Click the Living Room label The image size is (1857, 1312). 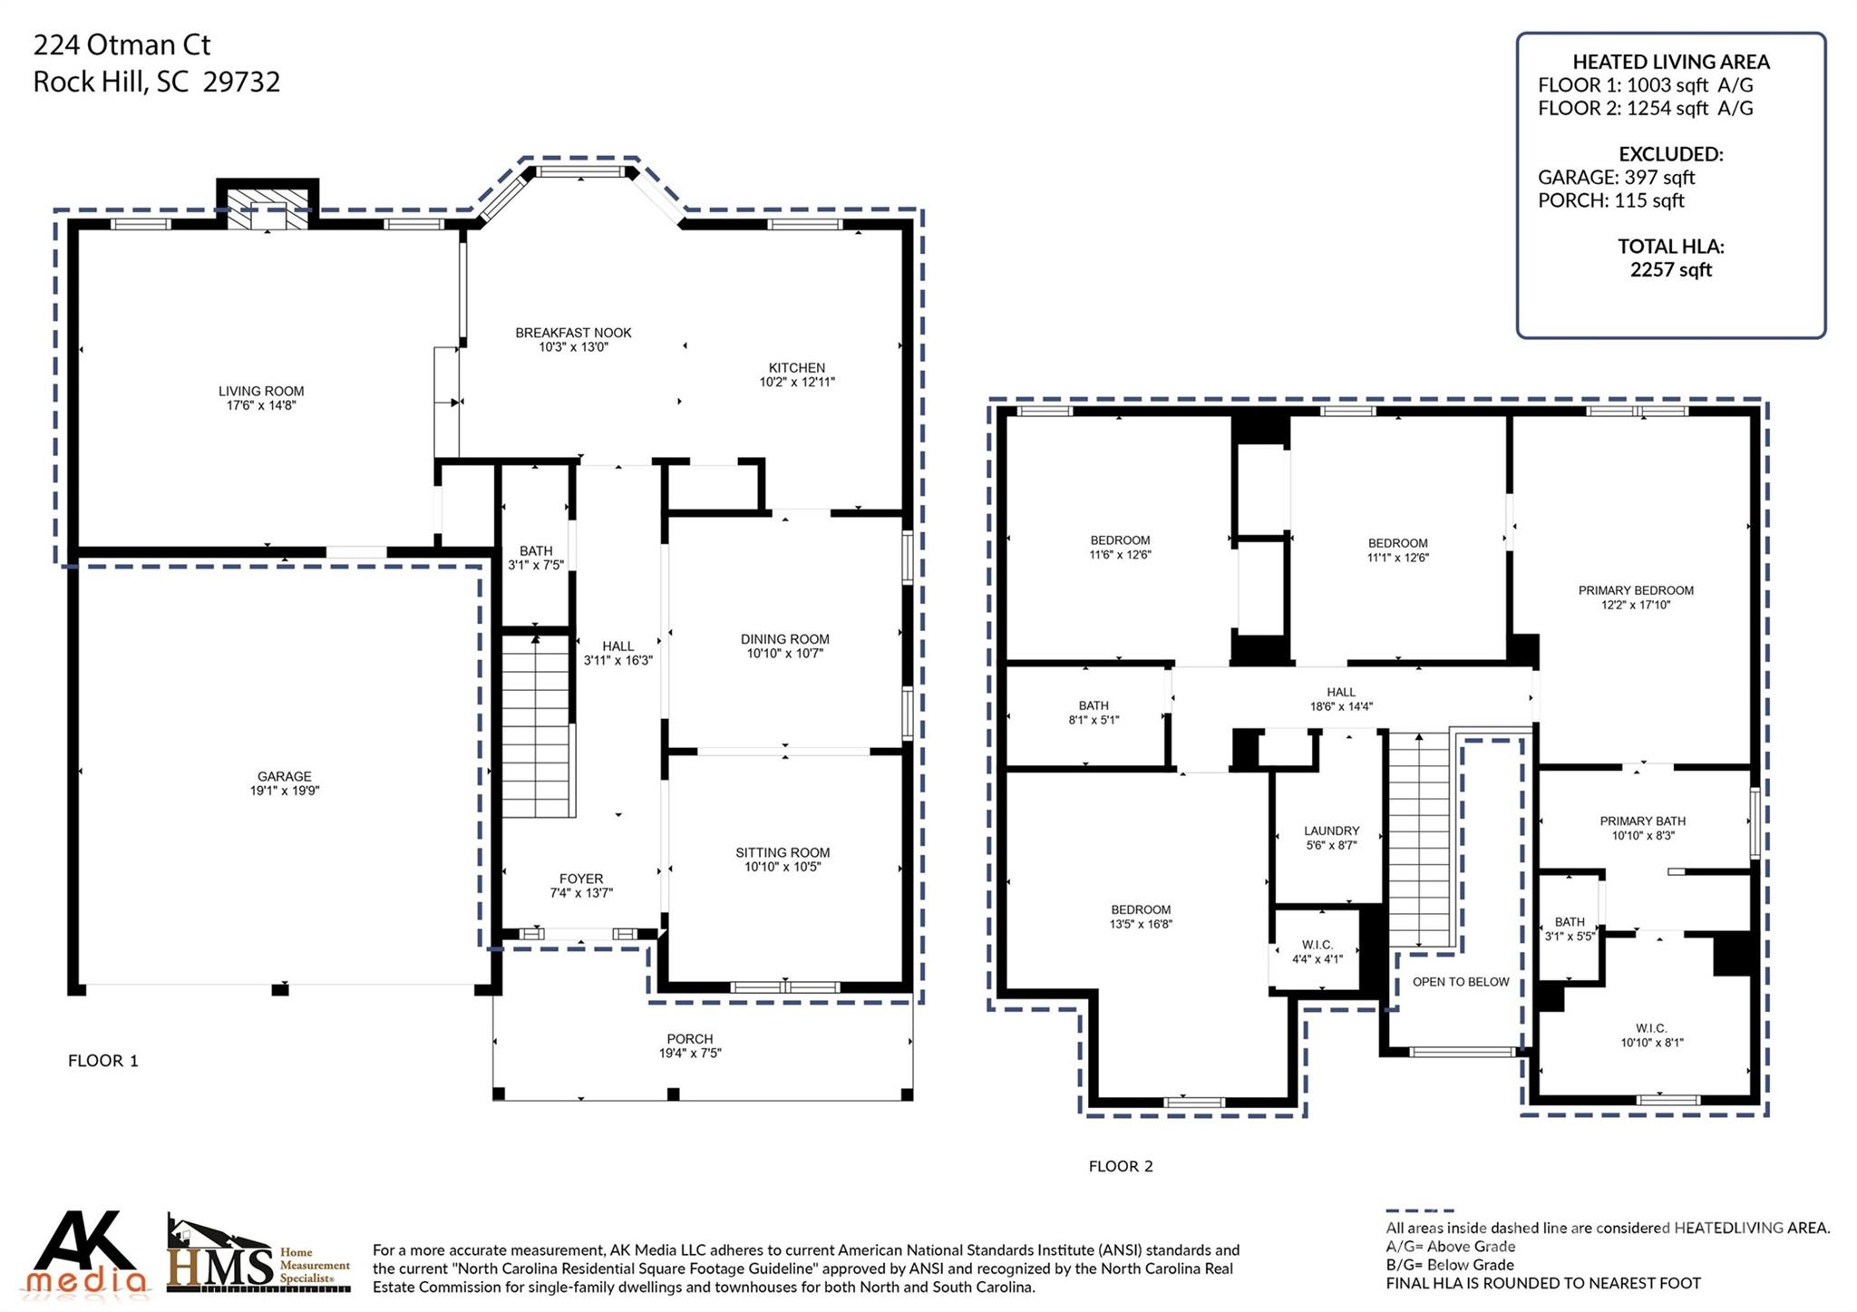pos(261,392)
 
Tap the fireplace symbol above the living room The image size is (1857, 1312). pos(267,209)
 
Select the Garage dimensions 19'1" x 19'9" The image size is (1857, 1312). pos(285,791)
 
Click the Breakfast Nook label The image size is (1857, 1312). pos(573,333)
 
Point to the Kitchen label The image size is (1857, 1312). pos(796,367)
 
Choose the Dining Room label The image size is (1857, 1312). pos(784,639)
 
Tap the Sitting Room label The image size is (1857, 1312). pos(783,852)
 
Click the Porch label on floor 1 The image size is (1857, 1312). pos(690,1039)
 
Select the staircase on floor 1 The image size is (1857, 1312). pos(537,726)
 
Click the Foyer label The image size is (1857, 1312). pos(581,879)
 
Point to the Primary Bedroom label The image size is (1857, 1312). pos(1635,590)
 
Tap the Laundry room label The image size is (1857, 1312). pos(1331,831)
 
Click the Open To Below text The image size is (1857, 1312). pos(1460,982)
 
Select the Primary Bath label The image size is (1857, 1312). pos(1642,821)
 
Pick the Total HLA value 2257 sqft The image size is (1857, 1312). pos(1670,269)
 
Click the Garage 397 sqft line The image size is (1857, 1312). pos(1615,178)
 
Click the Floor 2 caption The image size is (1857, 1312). pos(1121,1166)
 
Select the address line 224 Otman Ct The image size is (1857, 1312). pos(122,44)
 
